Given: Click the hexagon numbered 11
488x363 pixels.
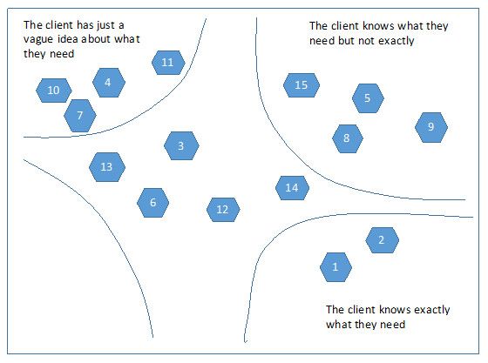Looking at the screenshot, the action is point(168,63).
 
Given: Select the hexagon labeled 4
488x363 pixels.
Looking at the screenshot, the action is point(109,83).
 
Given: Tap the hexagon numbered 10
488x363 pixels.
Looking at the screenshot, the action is point(53,91).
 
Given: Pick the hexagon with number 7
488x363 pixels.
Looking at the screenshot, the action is point(80,116).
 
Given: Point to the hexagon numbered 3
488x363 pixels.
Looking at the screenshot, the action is point(181,145).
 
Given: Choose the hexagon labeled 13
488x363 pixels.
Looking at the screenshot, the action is point(107,167).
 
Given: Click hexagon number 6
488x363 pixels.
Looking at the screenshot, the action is point(152,203).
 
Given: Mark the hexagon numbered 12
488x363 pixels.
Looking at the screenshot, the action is point(223,210).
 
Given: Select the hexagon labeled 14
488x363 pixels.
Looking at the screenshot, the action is point(292,188).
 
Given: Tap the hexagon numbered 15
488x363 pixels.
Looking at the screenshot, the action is point(302,85).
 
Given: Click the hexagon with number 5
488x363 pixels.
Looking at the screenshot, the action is point(368,98).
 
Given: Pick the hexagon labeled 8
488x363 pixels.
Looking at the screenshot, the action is point(348,138).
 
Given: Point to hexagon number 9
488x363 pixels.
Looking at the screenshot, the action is point(431,127).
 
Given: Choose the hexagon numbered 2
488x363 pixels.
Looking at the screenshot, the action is point(382,240).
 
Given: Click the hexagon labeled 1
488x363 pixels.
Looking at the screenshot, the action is point(335,267).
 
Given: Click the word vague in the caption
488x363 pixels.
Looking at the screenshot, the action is point(36,39).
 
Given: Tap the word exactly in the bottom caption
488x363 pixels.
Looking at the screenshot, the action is point(432,310).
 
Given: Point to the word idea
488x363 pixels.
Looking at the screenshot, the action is point(68,39).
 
